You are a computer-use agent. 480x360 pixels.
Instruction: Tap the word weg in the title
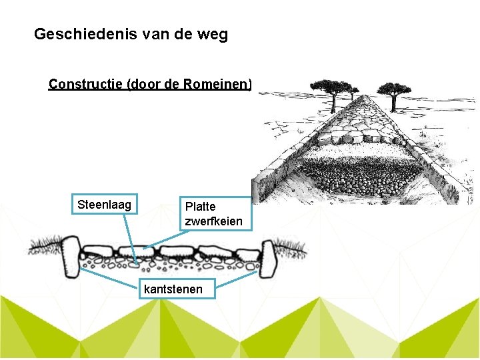pyautogui.click(x=211, y=34)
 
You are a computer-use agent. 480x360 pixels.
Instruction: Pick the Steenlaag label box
pyautogui.click(x=105, y=204)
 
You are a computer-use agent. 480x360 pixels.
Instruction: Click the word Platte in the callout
pyautogui.click(x=200, y=207)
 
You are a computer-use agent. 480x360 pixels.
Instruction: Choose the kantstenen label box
pyautogui.click(x=178, y=289)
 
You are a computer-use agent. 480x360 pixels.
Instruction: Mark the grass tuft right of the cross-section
pyautogui.click(x=293, y=249)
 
